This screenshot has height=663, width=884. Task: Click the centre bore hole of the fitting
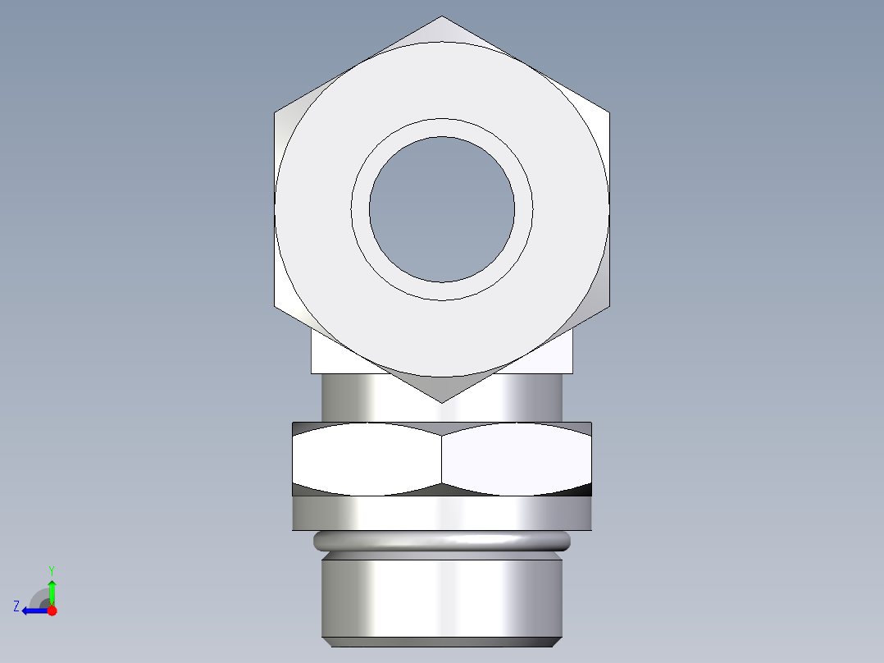(442, 209)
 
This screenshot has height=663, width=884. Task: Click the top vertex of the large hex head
(442, 17)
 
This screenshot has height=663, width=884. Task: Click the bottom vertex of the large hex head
(442, 401)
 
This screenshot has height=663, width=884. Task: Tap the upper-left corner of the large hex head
(276, 112)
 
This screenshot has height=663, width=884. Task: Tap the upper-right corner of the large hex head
(608, 112)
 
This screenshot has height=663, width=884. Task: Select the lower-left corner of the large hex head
(276, 306)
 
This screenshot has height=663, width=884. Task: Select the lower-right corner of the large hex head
(608, 306)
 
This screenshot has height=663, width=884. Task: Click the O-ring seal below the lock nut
(442, 541)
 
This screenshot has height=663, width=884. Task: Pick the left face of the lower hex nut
(367, 460)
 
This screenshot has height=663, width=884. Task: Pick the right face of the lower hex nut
(517, 460)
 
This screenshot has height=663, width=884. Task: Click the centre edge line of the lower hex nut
(442, 460)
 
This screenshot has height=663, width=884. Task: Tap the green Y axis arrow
(52, 589)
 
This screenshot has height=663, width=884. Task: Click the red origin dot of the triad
(52, 610)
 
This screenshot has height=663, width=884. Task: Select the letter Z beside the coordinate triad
(16, 606)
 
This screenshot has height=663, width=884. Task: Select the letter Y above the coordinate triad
(52, 569)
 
